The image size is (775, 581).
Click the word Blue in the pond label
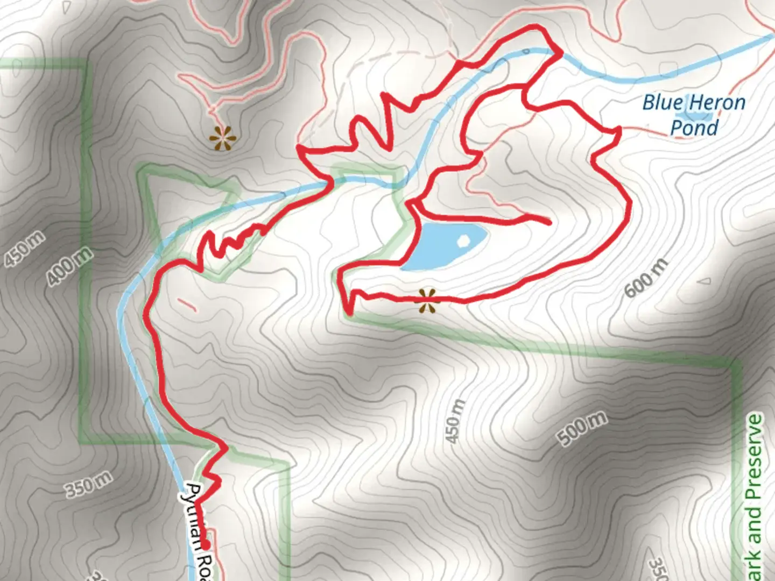click(663, 102)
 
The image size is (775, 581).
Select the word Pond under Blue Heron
click(694, 128)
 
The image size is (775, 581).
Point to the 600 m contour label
click(646, 278)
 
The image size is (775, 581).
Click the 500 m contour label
click(583, 429)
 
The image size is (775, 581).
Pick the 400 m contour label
click(69, 266)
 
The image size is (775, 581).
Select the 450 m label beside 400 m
click(25, 251)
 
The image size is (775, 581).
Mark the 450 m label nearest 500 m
click(455, 422)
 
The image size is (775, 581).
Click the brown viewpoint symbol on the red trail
click(428, 301)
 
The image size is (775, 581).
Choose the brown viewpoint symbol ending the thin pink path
click(222, 139)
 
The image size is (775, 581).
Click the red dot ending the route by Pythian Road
click(205, 547)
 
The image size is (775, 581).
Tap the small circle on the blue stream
click(526, 52)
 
